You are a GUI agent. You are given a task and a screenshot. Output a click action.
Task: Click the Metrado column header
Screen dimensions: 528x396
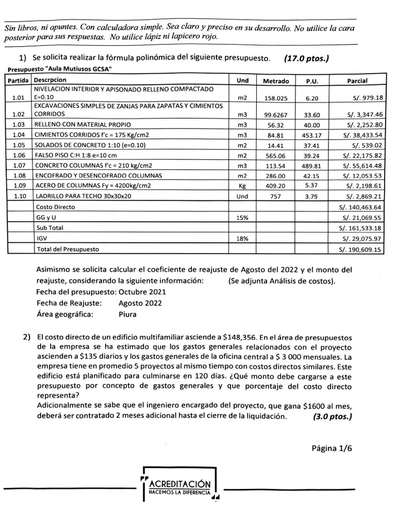click(x=276, y=81)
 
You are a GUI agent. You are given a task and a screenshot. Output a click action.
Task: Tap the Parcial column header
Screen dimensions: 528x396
click(x=357, y=81)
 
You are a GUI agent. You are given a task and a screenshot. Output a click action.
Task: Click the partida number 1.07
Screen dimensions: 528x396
click(x=19, y=166)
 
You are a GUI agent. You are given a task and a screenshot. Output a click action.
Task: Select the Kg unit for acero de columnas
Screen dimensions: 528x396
click(x=242, y=186)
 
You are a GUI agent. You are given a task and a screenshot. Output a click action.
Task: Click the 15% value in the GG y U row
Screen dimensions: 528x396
click(x=242, y=218)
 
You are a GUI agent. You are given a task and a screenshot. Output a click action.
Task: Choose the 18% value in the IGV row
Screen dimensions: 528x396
click(x=242, y=239)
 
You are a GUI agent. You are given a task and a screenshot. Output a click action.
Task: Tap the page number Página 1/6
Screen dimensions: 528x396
click(x=332, y=448)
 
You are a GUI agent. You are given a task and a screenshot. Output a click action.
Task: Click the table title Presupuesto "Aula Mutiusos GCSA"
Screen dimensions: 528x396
click(x=60, y=70)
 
